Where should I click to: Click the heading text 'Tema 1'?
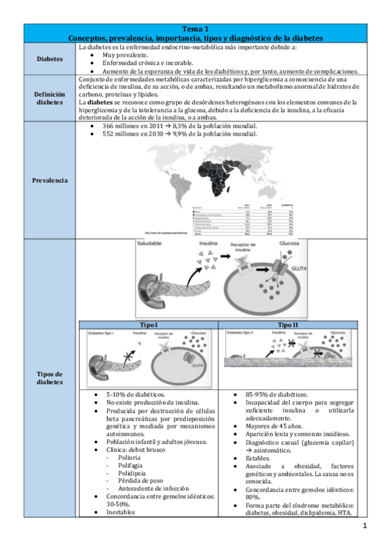click(x=196, y=29)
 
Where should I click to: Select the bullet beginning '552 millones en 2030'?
click(x=180, y=134)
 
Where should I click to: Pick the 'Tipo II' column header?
click(x=288, y=324)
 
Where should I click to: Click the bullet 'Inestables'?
click(x=120, y=512)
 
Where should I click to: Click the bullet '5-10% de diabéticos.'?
click(x=135, y=395)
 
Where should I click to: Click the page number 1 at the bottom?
click(x=365, y=526)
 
